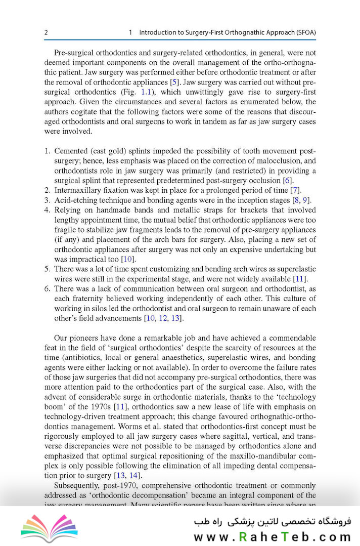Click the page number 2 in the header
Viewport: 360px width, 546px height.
pyautogui.click(x=46, y=32)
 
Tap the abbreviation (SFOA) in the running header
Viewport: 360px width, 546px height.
pyautogui.click(x=302, y=32)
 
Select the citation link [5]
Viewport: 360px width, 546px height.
pyautogui.click(x=174, y=82)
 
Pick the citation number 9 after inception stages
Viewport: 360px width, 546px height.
pyautogui.click(x=305, y=200)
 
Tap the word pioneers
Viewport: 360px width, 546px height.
pyautogui.click(x=92, y=338)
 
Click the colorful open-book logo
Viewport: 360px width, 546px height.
pyautogui.click(x=50, y=527)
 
